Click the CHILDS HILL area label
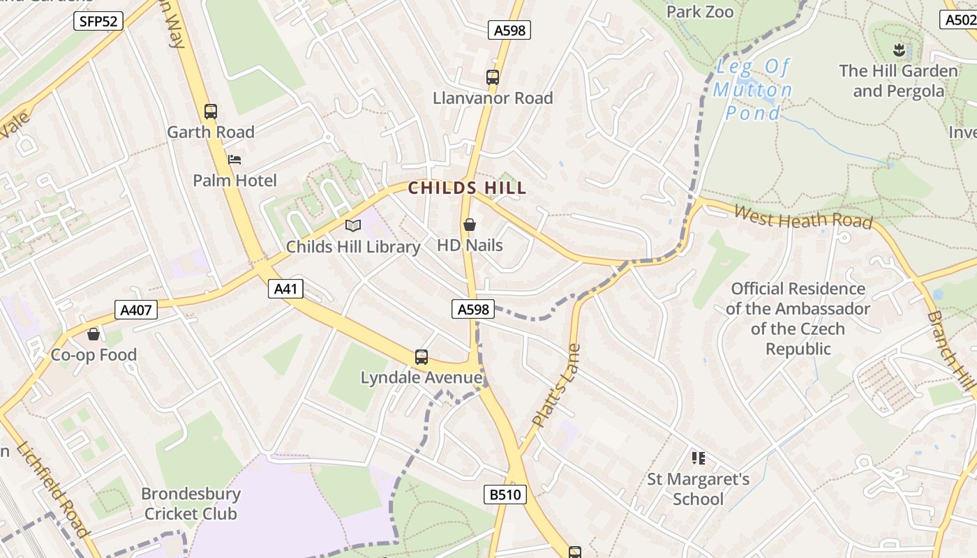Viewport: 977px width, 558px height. click(467, 188)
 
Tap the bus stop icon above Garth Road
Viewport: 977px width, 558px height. click(210, 111)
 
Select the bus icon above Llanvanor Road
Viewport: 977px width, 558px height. click(493, 77)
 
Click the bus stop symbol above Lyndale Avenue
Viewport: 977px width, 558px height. click(421, 357)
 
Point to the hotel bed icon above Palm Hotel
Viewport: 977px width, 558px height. click(234, 160)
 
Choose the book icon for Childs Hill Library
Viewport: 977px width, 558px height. click(353, 225)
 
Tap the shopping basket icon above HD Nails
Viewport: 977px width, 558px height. click(470, 225)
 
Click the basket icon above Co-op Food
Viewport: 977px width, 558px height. click(94, 334)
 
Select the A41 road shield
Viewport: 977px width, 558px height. click(285, 289)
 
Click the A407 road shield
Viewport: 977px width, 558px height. click(136, 309)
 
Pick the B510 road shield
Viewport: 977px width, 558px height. click(505, 495)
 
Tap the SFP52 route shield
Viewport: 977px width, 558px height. click(98, 21)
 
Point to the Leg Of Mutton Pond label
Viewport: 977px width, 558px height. click(753, 90)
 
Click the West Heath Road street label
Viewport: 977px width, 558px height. click(803, 217)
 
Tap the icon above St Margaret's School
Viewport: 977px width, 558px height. click(698, 458)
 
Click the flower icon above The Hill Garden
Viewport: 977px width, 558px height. click(898, 50)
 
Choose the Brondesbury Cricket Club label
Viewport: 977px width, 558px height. click(191, 504)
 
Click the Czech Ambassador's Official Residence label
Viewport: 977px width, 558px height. click(798, 318)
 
